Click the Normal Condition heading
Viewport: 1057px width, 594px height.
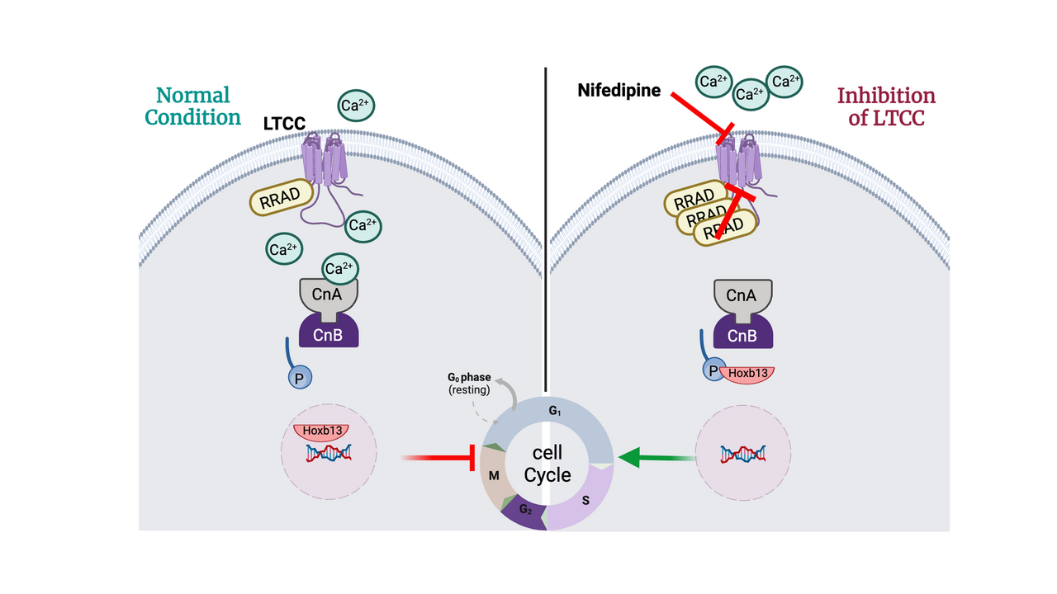tap(192, 106)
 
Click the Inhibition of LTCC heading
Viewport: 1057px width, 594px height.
tap(886, 106)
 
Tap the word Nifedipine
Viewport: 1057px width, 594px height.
tap(619, 91)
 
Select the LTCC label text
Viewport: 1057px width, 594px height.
tap(284, 124)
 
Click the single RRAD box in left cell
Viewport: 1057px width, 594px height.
tap(282, 198)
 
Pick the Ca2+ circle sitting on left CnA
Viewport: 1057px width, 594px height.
tap(339, 267)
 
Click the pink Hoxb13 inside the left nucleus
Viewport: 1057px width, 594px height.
tap(320, 432)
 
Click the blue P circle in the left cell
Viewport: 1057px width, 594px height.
tap(298, 378)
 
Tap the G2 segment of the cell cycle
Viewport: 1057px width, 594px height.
tap(524, 511)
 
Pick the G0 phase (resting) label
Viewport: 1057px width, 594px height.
tap(468, 384)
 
